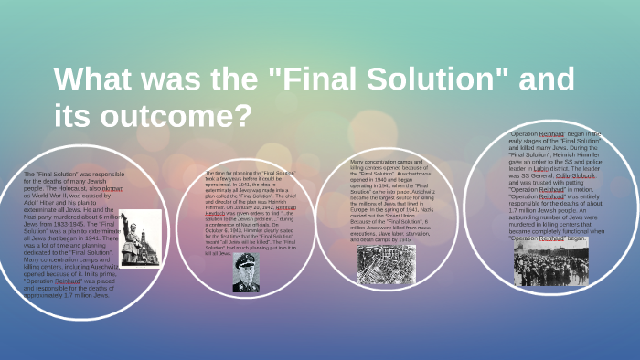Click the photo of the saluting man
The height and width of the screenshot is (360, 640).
pos(140,238)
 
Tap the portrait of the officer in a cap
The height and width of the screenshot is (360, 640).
pos(247,271)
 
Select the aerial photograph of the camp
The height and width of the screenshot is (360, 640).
pos(386,264)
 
